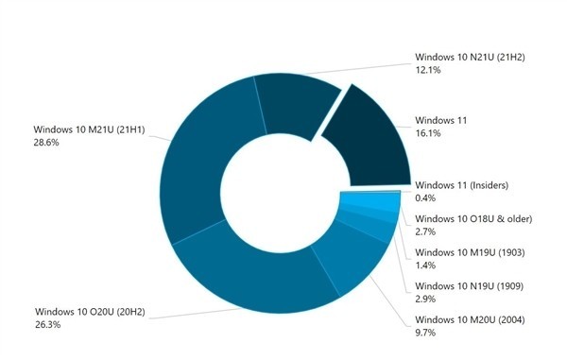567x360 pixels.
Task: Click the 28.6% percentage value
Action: (46, 143)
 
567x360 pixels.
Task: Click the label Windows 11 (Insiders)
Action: (463, 183)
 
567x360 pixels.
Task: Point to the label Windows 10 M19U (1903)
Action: (471, 252)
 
